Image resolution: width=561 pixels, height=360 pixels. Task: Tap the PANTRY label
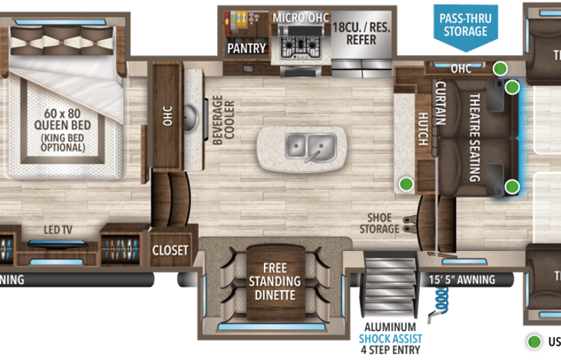coord(246,48)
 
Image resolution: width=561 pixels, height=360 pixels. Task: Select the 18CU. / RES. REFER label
coord(361,33)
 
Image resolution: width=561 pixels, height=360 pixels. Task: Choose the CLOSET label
coord(170,250)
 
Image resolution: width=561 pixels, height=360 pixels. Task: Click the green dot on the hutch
coord(405,183)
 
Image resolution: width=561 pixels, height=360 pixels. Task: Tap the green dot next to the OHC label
coord(500,68)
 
